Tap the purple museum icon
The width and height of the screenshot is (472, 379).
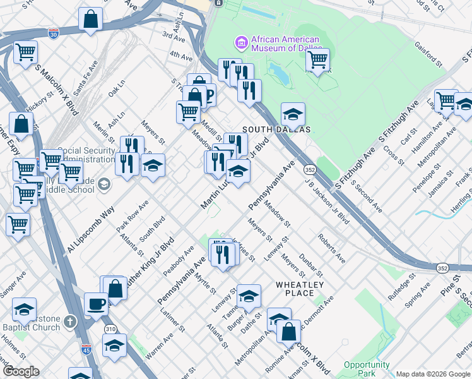pyautogui.click(x=240, y=43)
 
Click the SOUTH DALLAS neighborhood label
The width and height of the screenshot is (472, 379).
pyautogui.click(x=282, y=129)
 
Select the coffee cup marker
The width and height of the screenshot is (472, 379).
pyautogui.click(x=96, y=304)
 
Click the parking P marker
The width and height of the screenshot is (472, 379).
pyautogui.click(x=208, y=95)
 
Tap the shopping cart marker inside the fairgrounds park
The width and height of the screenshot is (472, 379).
pyautogui.click(x=317, y=59)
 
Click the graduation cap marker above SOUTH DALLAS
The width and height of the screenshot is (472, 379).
pyautogui.click(x=293, y=114)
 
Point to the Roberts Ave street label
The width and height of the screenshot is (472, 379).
pyautogui.click(x=331, y=250)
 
